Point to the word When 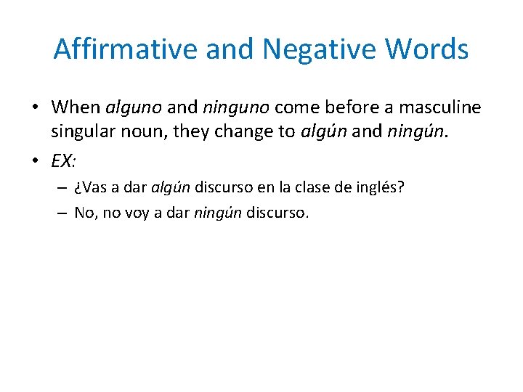pos(76,108)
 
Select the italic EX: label pos(65,159)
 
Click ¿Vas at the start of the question pos(89,187)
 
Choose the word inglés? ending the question pos(383,187)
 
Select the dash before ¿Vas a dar pos(62,187)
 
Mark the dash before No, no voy pos(62,213)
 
